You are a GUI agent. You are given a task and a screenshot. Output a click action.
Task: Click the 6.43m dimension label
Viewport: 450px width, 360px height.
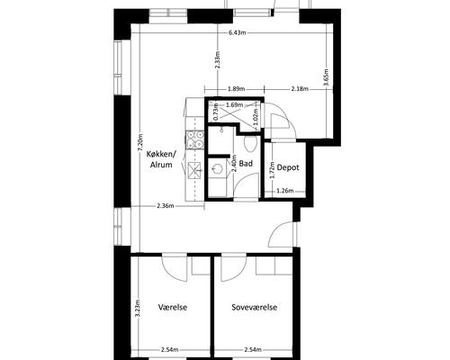click(x=237, y=32)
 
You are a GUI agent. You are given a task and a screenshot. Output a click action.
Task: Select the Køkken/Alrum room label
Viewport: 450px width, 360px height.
click(x=161, y=159)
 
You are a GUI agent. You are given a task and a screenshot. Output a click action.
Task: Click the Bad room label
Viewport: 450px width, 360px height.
click(x=246, y=164)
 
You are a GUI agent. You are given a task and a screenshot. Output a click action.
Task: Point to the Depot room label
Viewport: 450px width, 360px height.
click(x=288, y=167)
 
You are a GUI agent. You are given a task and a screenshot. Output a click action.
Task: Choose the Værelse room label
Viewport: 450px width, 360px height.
click(x=173, y=307)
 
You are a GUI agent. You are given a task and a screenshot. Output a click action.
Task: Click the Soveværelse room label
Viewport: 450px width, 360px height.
click(x=255, y=307)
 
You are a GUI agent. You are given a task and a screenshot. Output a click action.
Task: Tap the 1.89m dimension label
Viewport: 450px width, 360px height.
click(x=237, y=89)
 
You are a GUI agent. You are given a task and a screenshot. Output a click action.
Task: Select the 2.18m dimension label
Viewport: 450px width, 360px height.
click(x=300, y=89)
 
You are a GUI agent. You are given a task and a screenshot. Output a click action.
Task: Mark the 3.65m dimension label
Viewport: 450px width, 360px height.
click(x=327, y=77)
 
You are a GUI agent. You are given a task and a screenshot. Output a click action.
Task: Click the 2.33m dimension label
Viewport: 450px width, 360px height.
click(x=218, y=60)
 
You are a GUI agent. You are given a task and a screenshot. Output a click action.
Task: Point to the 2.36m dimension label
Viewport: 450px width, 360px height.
click(x=166, y=206)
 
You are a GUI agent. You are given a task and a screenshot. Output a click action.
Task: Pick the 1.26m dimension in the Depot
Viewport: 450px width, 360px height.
click(x=284, y=191)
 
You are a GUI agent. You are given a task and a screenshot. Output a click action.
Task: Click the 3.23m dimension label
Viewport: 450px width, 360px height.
click(x=137, y=308)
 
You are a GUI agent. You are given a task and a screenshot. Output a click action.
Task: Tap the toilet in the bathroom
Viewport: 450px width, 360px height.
click(x=250, y=144)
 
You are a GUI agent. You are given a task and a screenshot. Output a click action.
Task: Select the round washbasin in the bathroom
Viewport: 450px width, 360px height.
click(x=217, y=168)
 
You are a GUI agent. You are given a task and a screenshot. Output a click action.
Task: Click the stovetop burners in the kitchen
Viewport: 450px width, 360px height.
click(x=195, y=140)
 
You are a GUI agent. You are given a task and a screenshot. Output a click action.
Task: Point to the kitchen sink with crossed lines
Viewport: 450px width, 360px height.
click(x=195, y=171)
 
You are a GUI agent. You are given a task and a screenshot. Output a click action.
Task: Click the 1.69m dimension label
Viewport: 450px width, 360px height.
click(x=235, y=105)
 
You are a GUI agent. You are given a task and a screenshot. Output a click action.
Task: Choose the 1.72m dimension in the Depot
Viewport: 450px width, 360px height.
click(x=272, y=170)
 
